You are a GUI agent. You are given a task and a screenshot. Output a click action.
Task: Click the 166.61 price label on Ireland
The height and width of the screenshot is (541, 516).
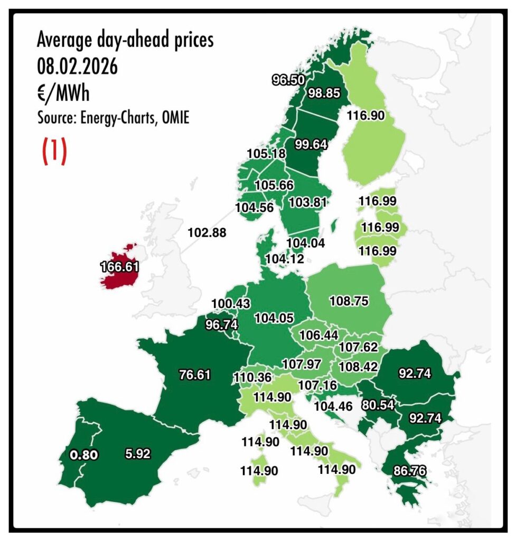[120, 267]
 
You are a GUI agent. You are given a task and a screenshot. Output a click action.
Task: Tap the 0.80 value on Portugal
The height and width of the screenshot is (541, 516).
[84, 454]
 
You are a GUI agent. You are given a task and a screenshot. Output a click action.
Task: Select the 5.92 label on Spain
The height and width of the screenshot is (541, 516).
[138, 453]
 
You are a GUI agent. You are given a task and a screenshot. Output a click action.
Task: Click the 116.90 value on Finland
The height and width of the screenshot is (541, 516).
[365, 114]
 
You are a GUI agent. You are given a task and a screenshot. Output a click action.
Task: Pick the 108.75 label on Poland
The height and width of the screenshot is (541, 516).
[349, 301]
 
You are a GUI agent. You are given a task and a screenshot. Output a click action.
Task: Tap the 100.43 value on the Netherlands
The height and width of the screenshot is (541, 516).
[230, 304]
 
